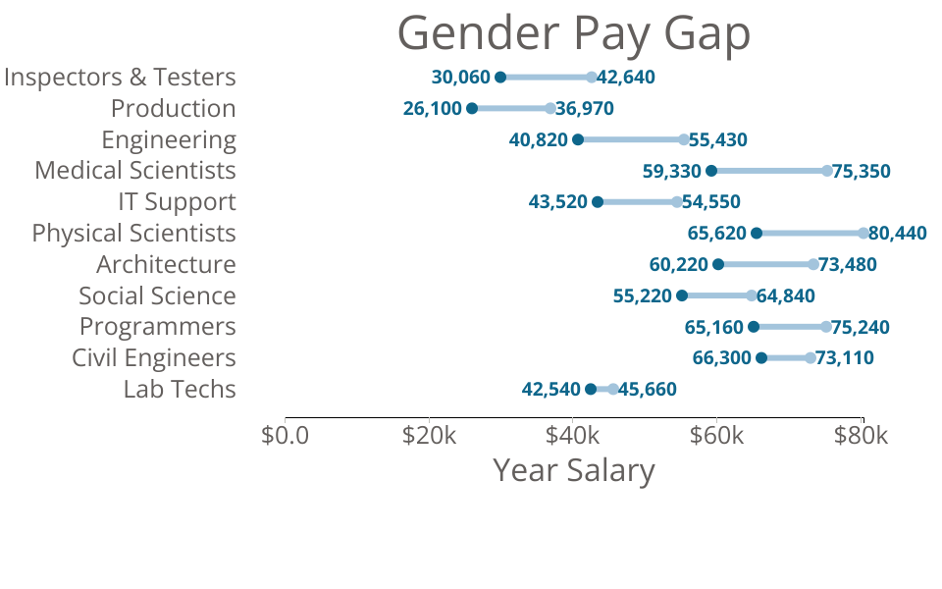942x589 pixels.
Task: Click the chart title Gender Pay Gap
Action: (x=573, y=34)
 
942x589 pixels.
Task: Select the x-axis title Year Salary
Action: (x=573, y=470)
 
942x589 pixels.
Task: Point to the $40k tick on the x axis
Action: (x=573, y=434)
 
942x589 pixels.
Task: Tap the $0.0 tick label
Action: (x=285, y=434)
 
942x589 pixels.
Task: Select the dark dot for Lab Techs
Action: (x=591, y=390)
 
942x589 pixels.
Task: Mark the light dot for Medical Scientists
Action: (x=827, y=171)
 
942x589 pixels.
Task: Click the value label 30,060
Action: (x=460, y=77)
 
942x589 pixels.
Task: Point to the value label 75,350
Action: (x=862, y=171)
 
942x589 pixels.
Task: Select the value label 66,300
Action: (x=722, y=358)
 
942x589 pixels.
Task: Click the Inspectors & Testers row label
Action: (x=120, y=77)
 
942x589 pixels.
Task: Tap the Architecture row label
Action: (x=166, y=264)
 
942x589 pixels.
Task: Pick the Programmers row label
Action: (x=157, y=326)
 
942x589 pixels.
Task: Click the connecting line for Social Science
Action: (x=716, y=295)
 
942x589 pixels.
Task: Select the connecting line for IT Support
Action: (x=637, y=202)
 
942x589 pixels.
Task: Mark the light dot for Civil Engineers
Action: (x=811, y=358)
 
